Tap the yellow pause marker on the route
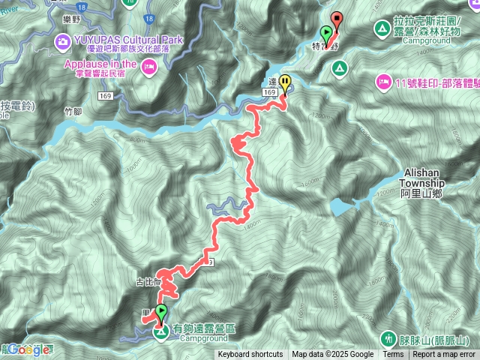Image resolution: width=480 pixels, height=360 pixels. (x=285, y=84)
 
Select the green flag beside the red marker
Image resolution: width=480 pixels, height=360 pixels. (x=326, y=33)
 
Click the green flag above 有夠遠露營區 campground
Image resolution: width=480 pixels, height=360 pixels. (x=161, y=313)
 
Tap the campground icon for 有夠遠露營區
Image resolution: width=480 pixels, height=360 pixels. (x=160, y=331)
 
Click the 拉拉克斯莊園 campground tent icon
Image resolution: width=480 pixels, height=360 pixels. (x=382, y=30)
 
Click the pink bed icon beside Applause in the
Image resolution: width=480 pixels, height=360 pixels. (x=148, y=69)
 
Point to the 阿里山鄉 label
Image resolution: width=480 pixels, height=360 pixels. (x=421, y=193)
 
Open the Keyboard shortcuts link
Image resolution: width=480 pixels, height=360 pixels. (x=250, y=355)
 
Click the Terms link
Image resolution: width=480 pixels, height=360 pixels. (x=393, y=355)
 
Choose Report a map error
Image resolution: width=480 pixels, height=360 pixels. (x=444, y=355)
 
